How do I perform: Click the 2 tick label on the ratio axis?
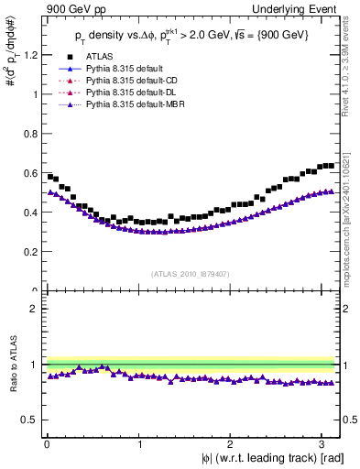[35, 309]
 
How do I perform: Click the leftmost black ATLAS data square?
[49, 176]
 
